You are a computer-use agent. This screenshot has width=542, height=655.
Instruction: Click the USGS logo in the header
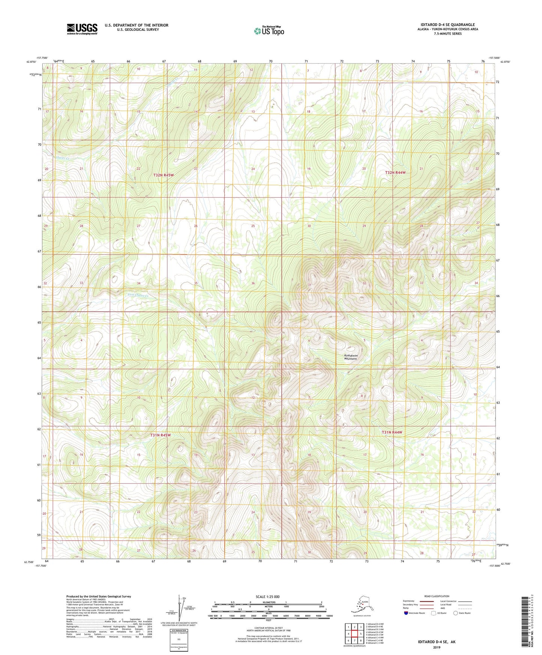coord(82,29)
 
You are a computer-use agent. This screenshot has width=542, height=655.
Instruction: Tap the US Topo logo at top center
coord(269,30)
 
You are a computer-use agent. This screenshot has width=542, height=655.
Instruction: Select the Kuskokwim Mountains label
coord(351,357)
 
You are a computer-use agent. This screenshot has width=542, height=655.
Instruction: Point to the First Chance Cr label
coord(138,295)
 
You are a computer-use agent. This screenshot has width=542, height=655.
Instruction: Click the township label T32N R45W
coord(164,175)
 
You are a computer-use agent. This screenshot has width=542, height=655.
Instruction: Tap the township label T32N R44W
coord(395,173)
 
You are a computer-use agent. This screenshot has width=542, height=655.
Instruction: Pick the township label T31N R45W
coord(161,435)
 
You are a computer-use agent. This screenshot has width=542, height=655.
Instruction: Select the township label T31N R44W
coord(392,432)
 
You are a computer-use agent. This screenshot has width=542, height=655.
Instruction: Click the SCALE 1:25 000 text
coord(268,596)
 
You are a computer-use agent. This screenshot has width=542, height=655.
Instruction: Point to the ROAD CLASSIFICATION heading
coord(437,596)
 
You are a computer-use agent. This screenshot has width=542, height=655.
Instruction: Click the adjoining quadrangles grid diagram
coord(354,634)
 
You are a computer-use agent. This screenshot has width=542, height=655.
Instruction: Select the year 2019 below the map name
coord(437,647)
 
